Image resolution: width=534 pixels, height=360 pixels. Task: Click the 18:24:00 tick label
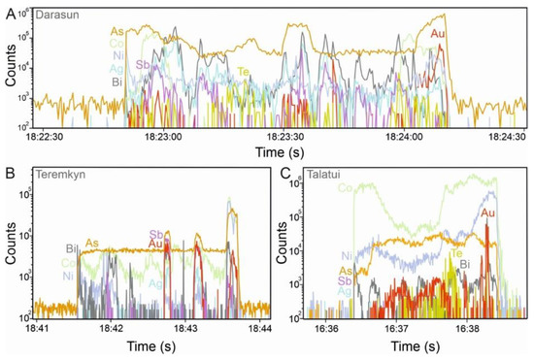click(404, 137)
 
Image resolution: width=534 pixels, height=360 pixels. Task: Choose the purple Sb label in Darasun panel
click(143, 66)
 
